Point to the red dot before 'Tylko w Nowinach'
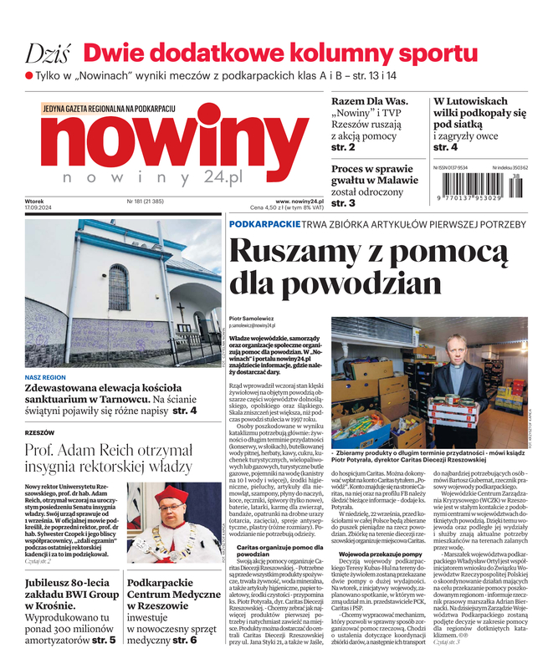pyautogui.click(x=29, y=76)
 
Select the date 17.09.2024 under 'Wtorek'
pyautogui.click(x=39, y=208)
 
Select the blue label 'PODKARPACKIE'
pyautogui.click(x=264, y=224)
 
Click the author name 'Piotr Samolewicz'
pyautogui.click(x=249, y=318)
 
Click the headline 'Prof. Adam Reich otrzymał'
pyautogui.click(x=107, y=449)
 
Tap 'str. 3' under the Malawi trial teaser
pyautogui.click(x=343, y=203)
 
